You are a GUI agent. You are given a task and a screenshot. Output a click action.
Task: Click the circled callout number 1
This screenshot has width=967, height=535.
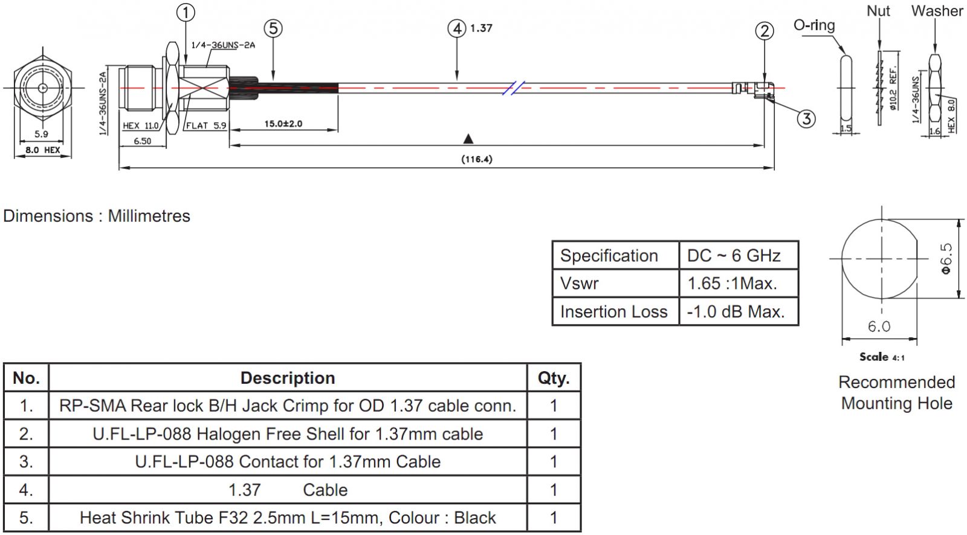tap(186, 12)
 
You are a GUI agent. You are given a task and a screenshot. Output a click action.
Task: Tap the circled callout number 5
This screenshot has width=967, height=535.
tap(273, 28)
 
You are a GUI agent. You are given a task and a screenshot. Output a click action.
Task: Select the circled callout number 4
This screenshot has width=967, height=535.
tap(457, 28)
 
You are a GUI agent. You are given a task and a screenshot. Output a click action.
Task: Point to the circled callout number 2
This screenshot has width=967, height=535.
tap(765, 31)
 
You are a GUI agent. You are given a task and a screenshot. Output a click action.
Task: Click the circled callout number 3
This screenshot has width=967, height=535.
tap(806, 118)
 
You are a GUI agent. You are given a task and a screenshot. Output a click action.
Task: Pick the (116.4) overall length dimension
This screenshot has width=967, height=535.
tap(477, 159)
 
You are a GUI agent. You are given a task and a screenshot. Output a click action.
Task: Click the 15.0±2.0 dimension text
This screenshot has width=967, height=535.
tap(283, 124)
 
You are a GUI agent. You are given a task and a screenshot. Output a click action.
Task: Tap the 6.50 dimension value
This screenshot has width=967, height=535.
tap(142, 141)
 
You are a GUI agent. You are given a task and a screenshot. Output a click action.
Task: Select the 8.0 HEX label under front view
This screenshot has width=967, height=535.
tap(42, 150)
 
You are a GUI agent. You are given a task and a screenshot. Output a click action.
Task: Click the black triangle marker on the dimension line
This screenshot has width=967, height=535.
tap(468, 139)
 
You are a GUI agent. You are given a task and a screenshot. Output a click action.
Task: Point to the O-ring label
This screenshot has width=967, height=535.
tap(814, 25)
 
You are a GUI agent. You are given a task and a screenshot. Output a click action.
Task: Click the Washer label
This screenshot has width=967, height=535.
tap(937, 11)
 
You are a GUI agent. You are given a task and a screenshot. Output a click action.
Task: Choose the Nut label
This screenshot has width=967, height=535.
tap(878, 11)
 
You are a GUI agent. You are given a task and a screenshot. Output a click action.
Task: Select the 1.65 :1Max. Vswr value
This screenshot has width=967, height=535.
tap(732, 284)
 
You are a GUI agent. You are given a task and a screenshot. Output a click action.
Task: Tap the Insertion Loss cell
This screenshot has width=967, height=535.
tap(613, 312)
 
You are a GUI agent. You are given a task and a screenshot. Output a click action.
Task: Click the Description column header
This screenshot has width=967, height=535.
tap(288, 378)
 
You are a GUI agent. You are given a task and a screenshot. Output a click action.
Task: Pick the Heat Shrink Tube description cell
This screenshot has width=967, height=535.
tap(288, 517)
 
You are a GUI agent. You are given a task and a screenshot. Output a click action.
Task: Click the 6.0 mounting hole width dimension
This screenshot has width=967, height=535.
tap(879, 326)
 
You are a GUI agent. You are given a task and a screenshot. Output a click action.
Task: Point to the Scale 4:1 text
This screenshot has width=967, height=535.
tap(882, 357)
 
